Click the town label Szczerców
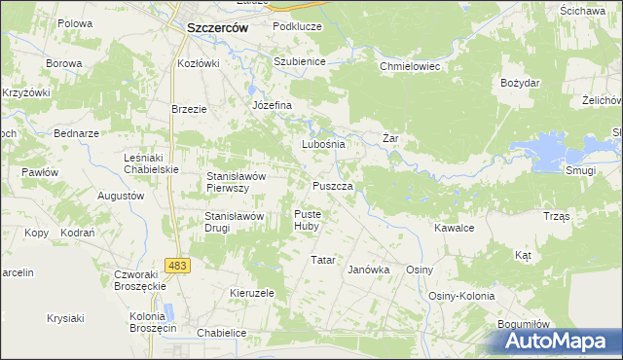coord(216,29)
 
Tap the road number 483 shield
coord(177,265)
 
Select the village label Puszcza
coord(339,185)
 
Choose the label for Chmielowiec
coord(411,67)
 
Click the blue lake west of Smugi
coord(550,149)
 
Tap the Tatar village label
coord(322,261)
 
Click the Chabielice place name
coord(221,333)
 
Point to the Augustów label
coord(121,196)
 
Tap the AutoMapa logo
coord(558,342)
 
